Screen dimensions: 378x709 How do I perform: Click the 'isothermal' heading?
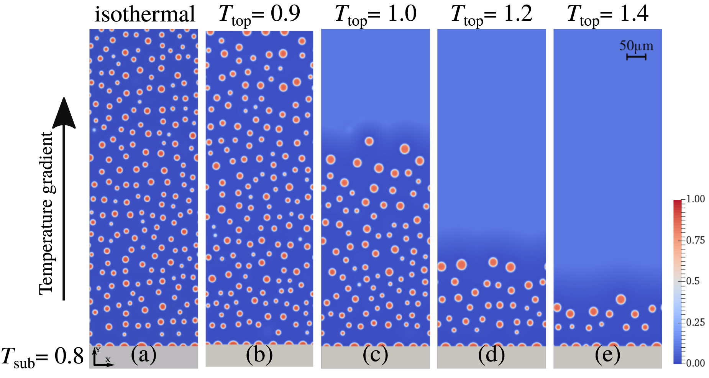(x=144, y=15)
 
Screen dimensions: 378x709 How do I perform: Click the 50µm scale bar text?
(x=636, y=46)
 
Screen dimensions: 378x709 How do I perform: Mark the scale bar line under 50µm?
(x=636, y=57)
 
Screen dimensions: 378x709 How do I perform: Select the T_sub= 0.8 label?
(x=42, y=357)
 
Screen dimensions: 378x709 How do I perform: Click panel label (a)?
(x=144, y=355)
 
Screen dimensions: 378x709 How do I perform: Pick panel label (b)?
(x=259, y=355)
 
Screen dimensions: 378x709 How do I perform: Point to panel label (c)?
(x=375, y=355)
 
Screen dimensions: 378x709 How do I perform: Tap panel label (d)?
(x=491, y=355)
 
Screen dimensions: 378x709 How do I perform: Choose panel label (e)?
(x=607, y=355)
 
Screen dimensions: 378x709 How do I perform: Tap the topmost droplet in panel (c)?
(x=369, y=141)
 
